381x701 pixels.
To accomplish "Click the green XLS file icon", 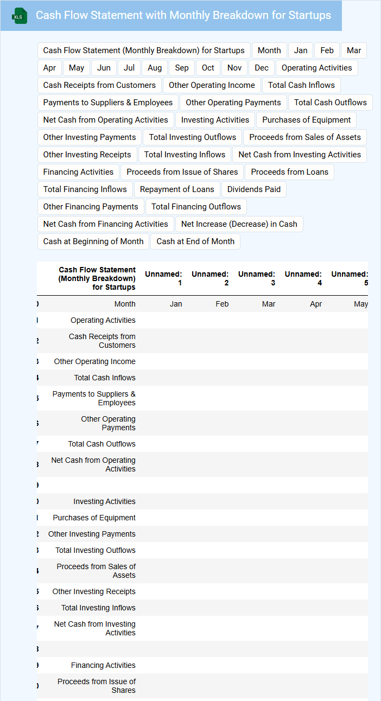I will [x=20, y=16].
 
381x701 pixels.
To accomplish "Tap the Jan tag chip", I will [x=301, y=50].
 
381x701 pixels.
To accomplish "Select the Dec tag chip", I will [x=262, y=68].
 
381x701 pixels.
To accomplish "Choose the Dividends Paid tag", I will [x=254, y=189].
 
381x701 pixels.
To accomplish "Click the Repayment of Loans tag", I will [x=177, y=189].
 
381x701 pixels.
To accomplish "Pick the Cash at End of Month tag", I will [x=195, y=241].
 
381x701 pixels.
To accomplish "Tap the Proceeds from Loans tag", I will [x=289, y=172].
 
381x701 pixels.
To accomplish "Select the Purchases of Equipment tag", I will [x=306, y=120].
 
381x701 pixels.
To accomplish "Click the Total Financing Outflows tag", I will [x=196, y=207].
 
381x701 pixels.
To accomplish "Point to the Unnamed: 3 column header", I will [x=257, y=278].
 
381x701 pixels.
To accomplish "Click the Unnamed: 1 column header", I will [x=163, y=278].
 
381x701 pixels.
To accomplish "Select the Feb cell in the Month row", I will [x=222, y=304].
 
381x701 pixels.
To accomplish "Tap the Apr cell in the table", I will [x=315, y=304].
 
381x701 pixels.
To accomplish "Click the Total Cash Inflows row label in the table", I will [x=105, y=378].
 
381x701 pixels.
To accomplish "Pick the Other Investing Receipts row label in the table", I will [x=94, y=591].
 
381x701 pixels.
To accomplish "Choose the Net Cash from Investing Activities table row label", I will [x=95, y=628].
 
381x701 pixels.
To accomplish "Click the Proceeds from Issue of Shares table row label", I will [x=97, y=686].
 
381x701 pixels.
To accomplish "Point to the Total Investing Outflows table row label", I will [x=96, y=550].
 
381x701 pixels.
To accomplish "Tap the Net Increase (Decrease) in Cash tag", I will [x=239, y=224].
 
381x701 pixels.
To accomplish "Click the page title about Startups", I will [x=183, y=15].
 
